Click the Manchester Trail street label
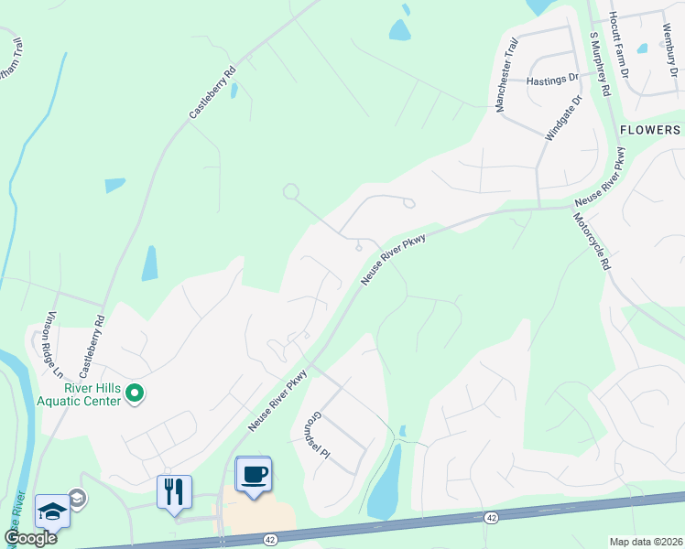coord(506,76)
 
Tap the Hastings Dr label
coord(553,81)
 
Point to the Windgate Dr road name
coord(564,118)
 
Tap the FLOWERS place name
coord(650,130)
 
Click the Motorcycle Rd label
coord(592,242)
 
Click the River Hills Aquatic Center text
coord(79,395)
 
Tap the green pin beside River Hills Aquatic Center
coord(136,393)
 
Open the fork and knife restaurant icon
coord(174,491)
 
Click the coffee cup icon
coord(254,474)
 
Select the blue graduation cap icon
coord(52,511)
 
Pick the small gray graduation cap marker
coord(78,499)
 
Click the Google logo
coord(31,538)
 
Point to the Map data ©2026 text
coord(646,542)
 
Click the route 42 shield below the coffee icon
coord(269,540)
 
